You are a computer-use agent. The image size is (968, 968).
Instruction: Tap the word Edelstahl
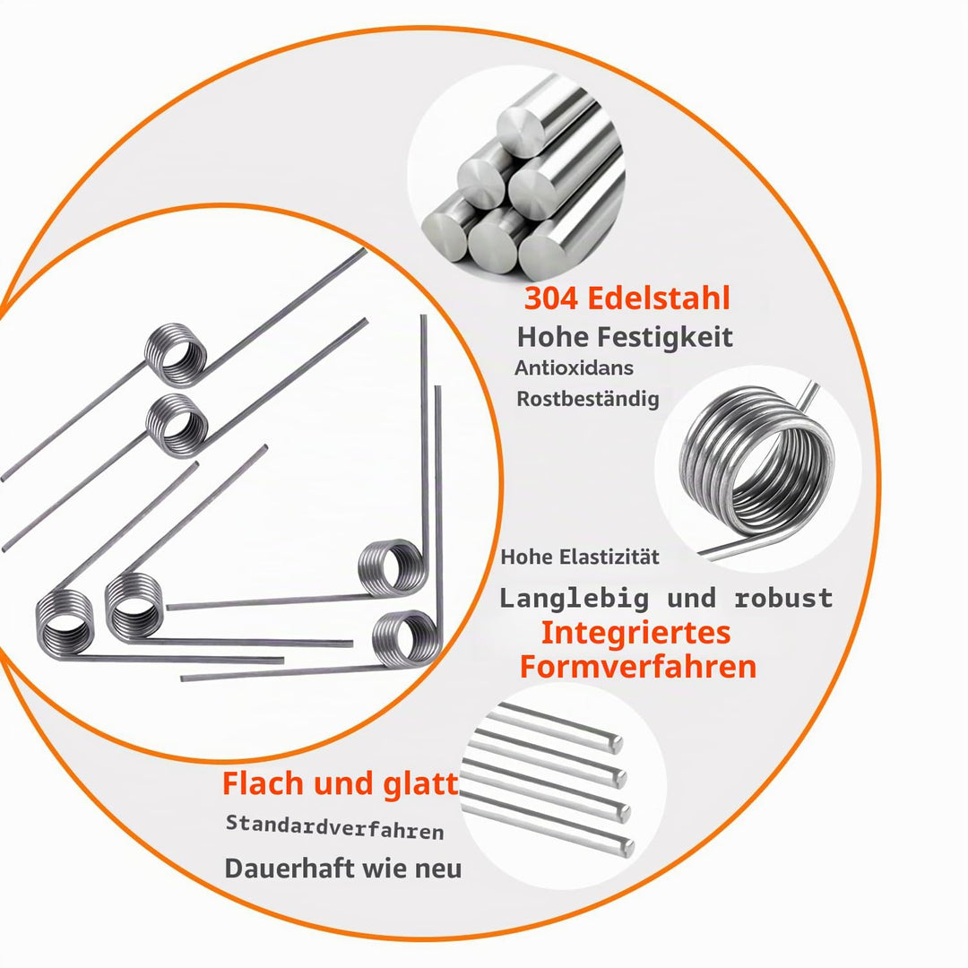click(x=659, y=298)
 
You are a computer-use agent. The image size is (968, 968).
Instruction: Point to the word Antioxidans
click(x=566, y=368)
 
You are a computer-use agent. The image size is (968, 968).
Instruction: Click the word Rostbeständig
click(x=588, y=399)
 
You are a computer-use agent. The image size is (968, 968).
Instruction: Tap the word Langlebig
click(x=575, y=598)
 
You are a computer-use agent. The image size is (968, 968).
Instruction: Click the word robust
click(x=783, y=598)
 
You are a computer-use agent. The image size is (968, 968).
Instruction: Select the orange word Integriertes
click(x=635, y=633)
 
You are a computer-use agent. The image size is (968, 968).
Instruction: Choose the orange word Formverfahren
click(x=638, y=667)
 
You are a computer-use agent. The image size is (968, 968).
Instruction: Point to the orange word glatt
click(x=421, y=783)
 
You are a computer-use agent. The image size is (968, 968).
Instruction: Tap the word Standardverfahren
click(x=334, y=827)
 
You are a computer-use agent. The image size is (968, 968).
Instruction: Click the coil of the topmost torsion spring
click(x=176, y=355)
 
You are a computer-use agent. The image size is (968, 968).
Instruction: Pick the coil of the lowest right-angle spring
click(x=408, y=639)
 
